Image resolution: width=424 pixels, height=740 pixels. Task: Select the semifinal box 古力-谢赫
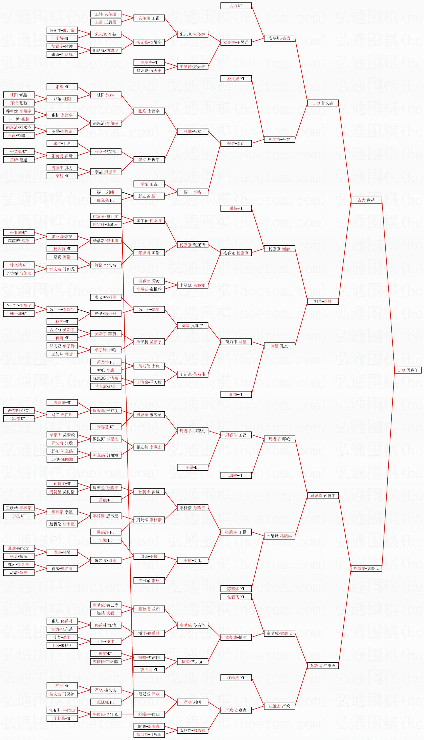(366, 200)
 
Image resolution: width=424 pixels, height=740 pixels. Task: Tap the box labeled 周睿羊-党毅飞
(366, 568)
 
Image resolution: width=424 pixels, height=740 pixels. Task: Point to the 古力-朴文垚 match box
(323, 103)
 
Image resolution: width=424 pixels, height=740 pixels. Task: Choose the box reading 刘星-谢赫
(323, 301)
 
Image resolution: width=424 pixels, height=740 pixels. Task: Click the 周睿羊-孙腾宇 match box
(323, 495)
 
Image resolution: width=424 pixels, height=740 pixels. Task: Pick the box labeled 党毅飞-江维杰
(323, 666)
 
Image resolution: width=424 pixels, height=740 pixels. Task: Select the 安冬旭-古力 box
(279, 38)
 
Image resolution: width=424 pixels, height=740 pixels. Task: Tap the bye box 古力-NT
(236, 6)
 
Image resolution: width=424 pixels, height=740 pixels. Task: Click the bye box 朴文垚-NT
(236, 79)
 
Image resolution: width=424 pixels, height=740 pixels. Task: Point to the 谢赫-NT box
(236, 208)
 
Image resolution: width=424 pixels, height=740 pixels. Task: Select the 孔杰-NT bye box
(236, 394)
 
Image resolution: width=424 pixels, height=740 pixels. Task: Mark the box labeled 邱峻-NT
(236, 475)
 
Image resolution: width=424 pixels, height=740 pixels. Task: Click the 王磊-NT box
(193, 467)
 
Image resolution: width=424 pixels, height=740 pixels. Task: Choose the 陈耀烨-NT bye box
(236, 589)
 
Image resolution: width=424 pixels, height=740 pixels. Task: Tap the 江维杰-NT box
(236, 678)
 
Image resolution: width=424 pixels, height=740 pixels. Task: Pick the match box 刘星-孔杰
(279, 346)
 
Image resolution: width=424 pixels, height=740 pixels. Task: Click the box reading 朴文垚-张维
(279, 139)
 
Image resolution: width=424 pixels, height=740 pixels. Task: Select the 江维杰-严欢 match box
(279, 706)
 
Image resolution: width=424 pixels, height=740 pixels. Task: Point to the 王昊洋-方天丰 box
(193, 67)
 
